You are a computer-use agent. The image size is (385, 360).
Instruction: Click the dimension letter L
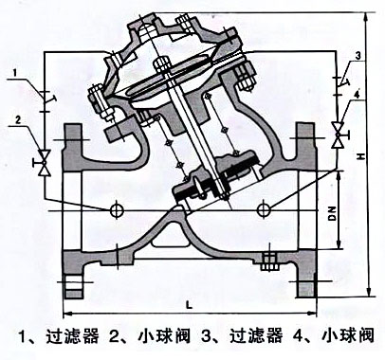point(190,303)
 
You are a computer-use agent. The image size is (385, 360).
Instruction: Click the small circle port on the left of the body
point(118,207)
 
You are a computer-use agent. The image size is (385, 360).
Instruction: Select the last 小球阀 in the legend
point(348,336)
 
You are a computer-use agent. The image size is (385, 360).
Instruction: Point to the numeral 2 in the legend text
point(113,336)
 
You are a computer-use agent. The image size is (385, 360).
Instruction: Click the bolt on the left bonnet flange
point(96,96)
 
